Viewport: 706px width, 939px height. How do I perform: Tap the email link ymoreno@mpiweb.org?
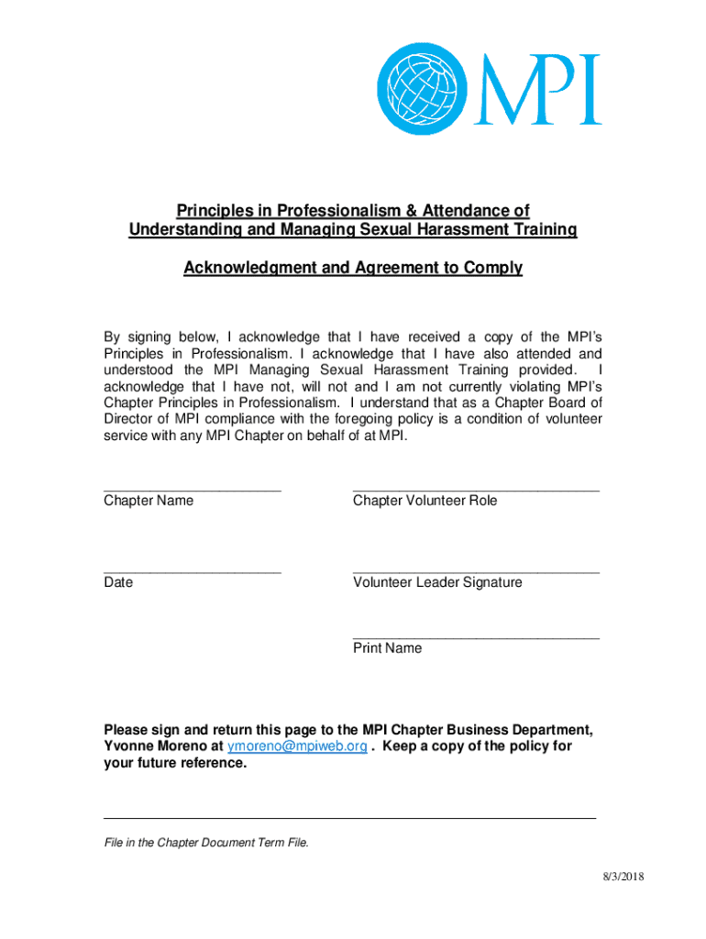coord(297,746)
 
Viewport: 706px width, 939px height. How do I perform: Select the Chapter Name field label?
coord(149,501)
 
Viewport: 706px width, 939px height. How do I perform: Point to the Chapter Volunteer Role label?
coord(425,501)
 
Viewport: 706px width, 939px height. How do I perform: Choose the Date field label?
coord(118,582)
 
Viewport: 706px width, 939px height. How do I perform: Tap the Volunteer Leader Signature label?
coord(437,582)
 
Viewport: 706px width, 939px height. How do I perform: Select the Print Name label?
coord(387,648)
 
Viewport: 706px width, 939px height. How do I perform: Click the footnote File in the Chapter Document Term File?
coord(206,843)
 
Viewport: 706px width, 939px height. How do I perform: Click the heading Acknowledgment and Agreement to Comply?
coord(353,268)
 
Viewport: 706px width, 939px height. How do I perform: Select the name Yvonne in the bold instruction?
coord(130,746)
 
